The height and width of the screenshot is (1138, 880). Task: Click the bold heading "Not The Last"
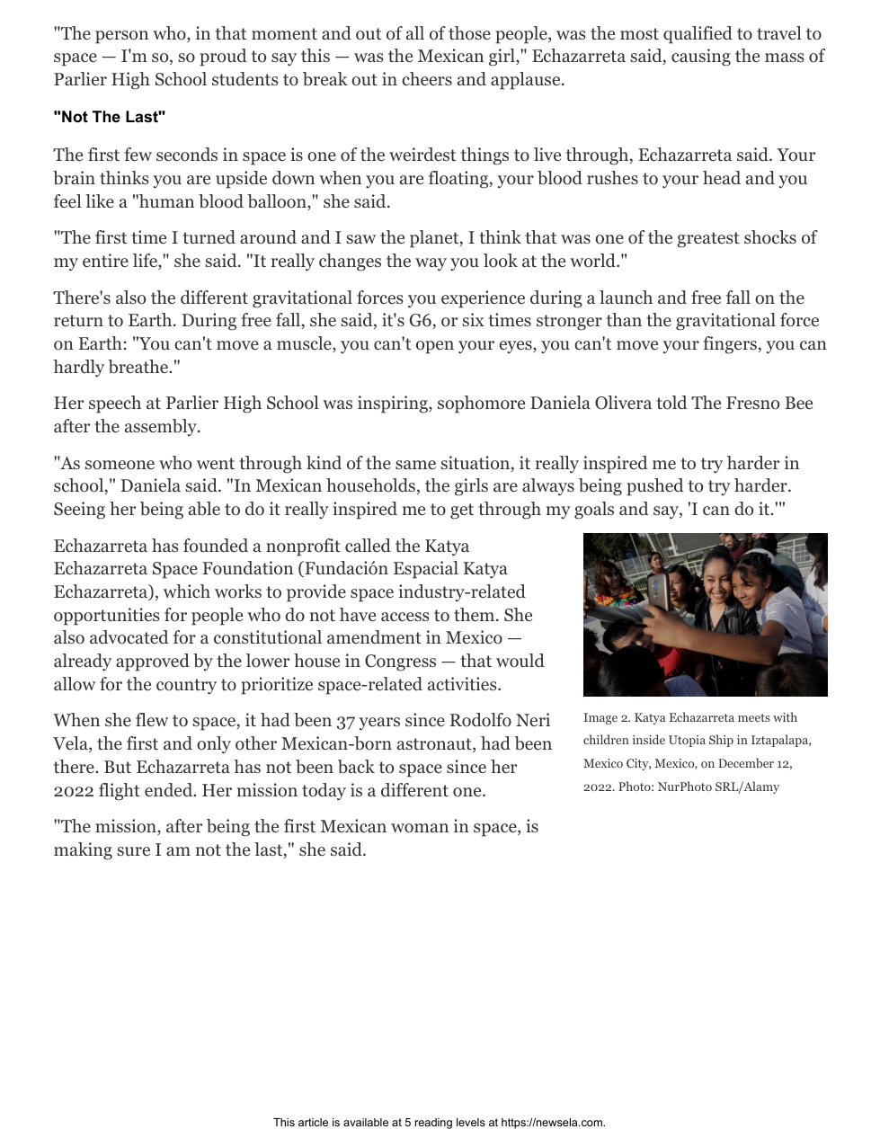tap(110, 118)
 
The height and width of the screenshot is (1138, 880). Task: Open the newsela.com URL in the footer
tap(552, 1123)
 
